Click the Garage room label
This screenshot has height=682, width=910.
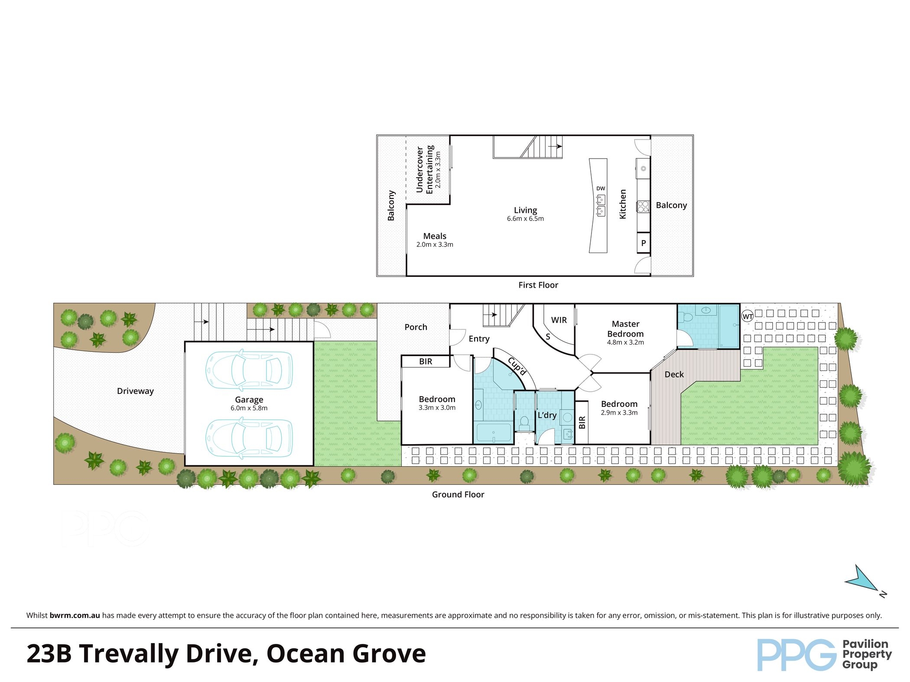tap(249, 399)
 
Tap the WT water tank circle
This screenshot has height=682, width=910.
tap(747, 316)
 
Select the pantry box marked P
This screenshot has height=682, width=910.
tap(643, 243)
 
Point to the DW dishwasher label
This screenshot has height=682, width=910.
tap(600, 188)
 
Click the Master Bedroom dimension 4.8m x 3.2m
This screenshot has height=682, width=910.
tap(625, 342)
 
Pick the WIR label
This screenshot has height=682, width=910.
tap(559, 320)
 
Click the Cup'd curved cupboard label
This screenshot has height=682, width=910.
tap(517, 367)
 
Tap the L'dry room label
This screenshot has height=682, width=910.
tap(547, 415)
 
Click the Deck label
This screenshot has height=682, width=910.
tap(674, 374)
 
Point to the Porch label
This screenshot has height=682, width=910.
tap(416, 327)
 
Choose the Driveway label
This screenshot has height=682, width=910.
tap(135, 391)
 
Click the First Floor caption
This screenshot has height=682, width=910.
tap(538, 285)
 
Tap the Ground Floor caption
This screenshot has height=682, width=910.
tap(458, 494)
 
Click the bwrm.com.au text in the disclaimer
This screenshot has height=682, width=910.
tap(75, 615)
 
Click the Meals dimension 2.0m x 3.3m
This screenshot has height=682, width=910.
tap(435, 244)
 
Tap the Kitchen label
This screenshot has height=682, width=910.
tap(623, 204)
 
